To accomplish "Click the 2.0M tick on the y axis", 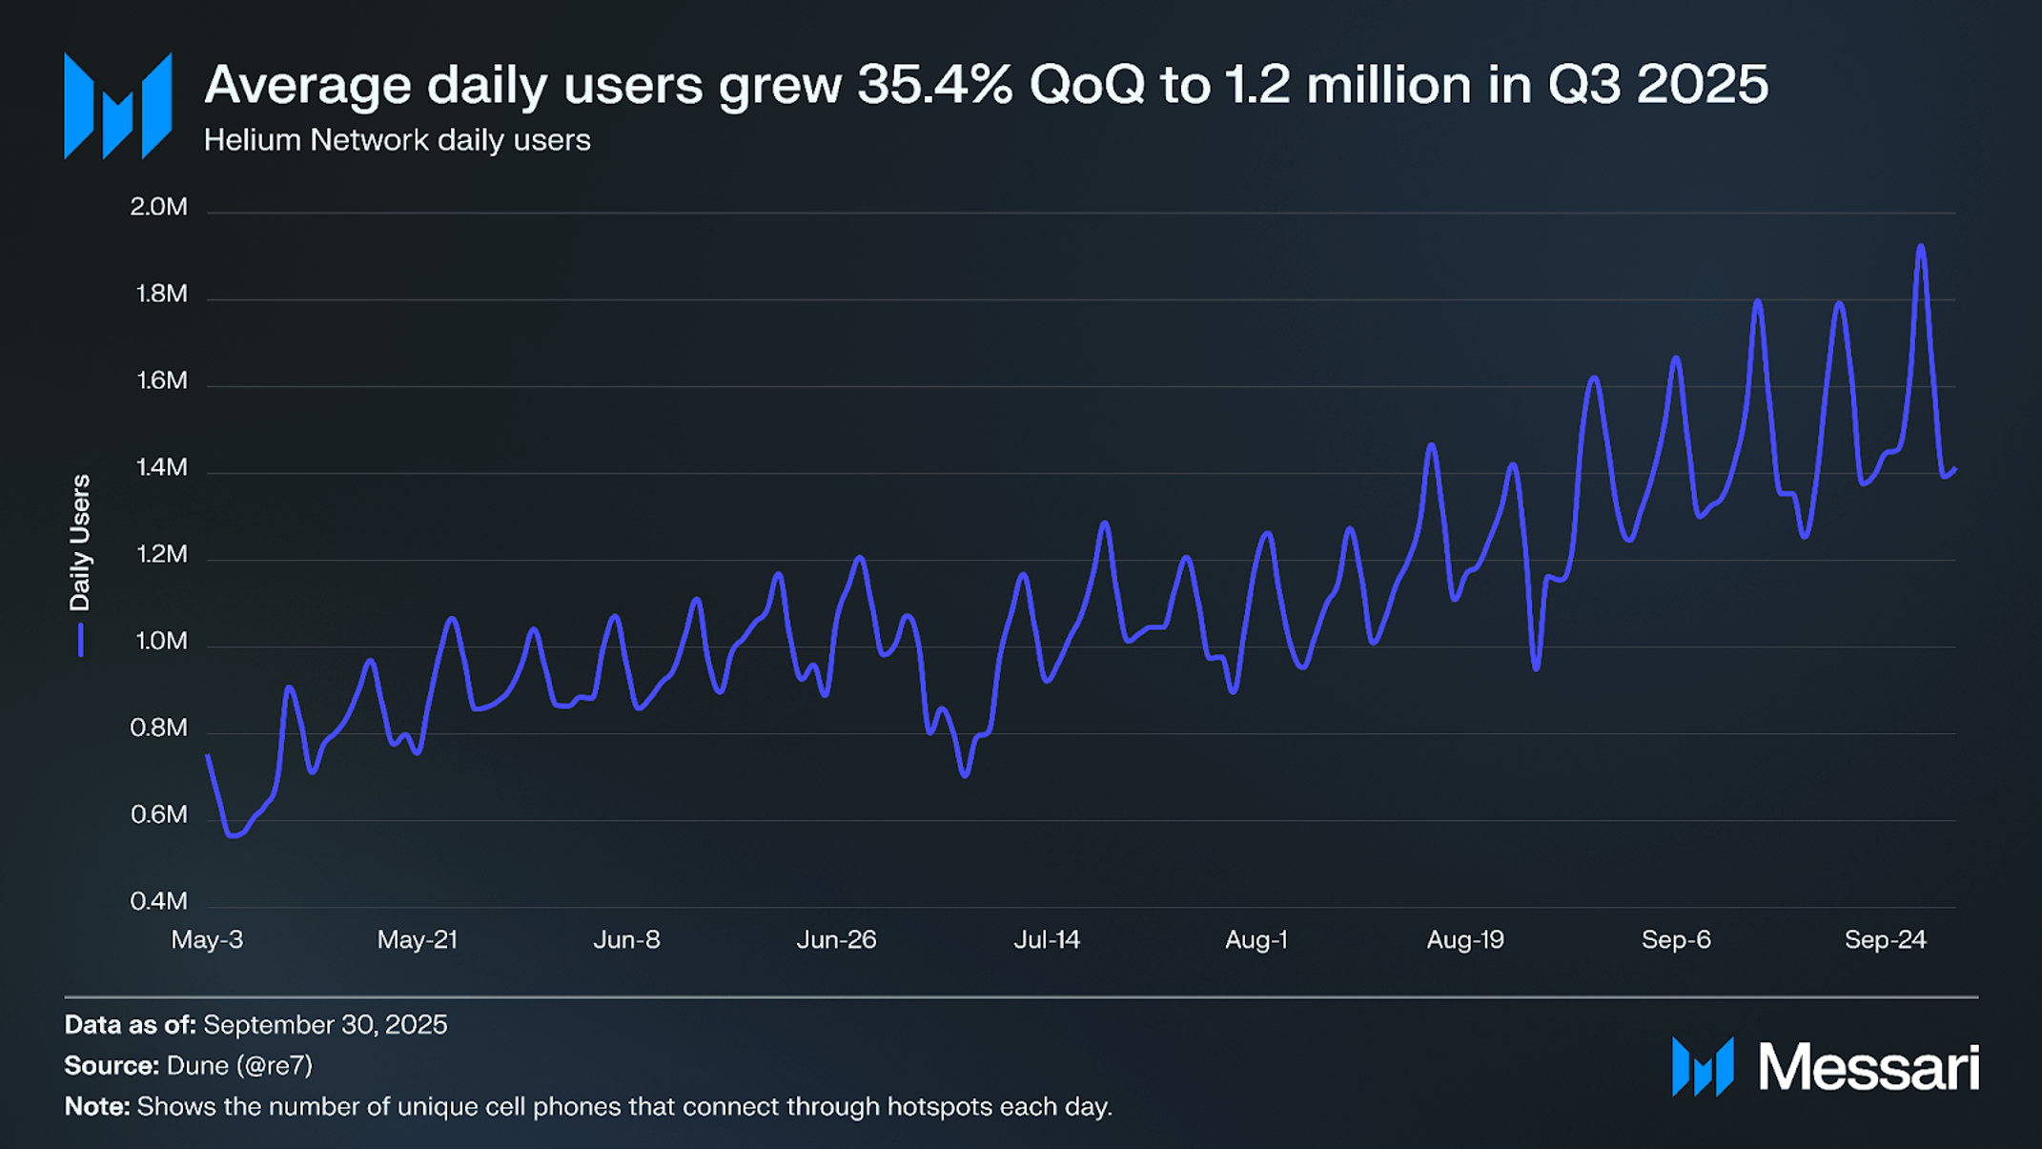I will point(159,207).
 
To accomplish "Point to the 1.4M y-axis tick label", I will point(161,467).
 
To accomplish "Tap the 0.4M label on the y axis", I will point(159,901).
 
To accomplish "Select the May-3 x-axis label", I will point(207,940).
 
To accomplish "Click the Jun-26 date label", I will point(836,940).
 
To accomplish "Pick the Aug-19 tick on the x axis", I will point(1465,940).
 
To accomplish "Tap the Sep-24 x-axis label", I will point(1885,940).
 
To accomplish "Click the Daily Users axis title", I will point(80,543).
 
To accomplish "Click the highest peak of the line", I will point(1921,247).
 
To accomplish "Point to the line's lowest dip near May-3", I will point(233,835).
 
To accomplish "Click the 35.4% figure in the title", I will point(934,84).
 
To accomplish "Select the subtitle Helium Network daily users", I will point(397,140).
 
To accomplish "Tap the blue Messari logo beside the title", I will point(117,106).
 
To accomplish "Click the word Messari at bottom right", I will point(1868,1067).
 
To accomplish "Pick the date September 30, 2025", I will point(325,1025).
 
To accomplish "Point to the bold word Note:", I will point(97,1107).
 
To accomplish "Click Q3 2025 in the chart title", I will point(1657,84).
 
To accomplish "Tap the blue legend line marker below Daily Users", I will point(81,640).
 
